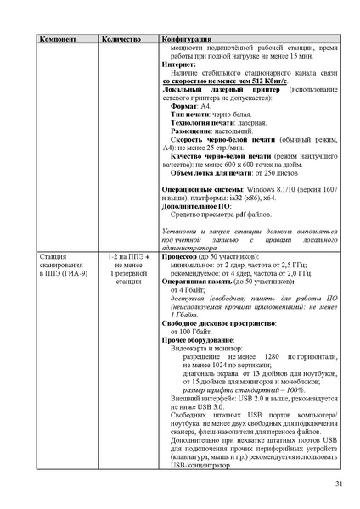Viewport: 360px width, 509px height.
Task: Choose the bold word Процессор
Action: [x=178, y=255]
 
